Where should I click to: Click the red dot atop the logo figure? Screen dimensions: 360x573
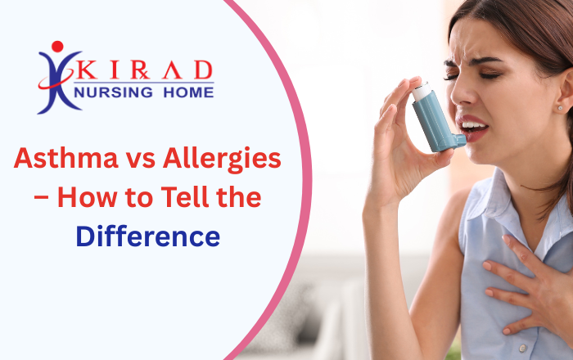[x=56, y=47]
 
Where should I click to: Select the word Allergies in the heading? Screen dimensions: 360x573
[x=223, y=159]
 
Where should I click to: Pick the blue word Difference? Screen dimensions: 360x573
[x=147, y=236]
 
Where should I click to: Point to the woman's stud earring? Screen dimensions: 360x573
[x=560, y=108]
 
